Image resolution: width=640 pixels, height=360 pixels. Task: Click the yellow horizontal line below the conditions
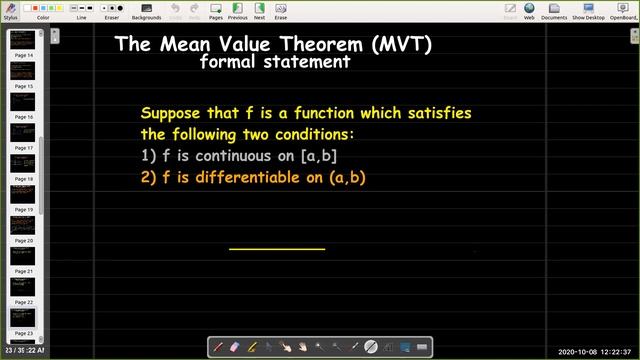click(277, 248)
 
